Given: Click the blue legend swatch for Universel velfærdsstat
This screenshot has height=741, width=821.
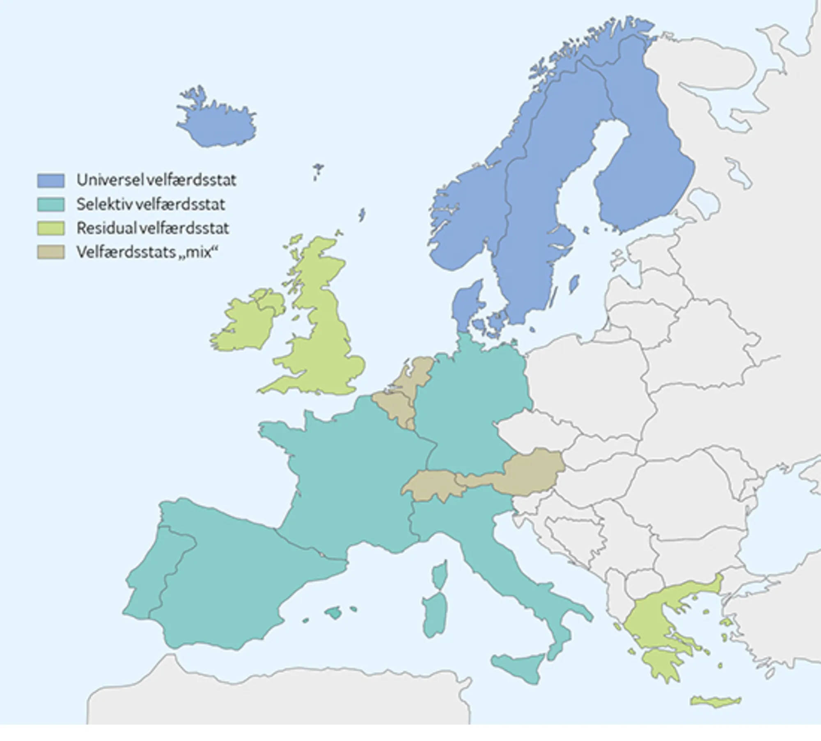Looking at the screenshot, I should coord(51,180).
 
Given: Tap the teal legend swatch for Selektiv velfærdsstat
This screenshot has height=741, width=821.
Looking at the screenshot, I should coord(51,204).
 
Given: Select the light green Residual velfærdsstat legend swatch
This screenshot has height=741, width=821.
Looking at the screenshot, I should coord(51,228).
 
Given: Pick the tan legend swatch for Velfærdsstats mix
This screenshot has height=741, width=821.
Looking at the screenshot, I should coord(51,252).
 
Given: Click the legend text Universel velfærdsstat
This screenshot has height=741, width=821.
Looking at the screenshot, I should coord(156,180).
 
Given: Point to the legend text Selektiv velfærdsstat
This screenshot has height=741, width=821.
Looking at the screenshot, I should coord(151,204).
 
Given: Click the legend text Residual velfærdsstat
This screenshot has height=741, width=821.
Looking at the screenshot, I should coord(153,228).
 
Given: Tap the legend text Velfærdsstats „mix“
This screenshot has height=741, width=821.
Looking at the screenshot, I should coord(147,252).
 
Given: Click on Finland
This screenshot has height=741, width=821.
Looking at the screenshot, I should coord(644,164).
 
